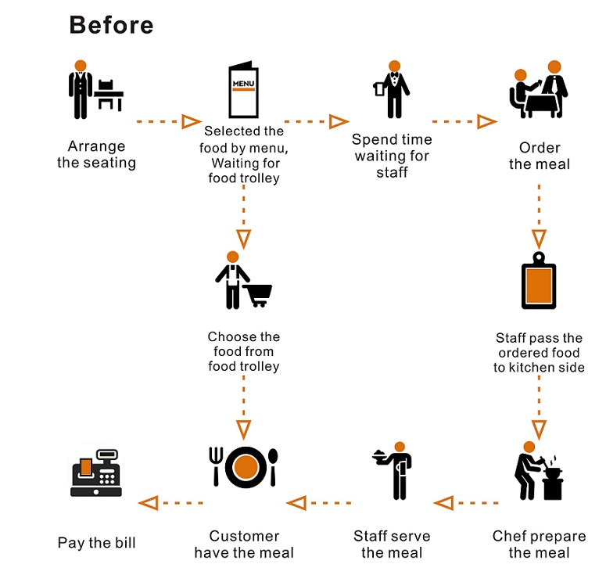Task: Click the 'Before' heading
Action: click(111, 24)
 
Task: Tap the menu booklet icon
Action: click(242, 89)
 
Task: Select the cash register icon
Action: click(97, 473)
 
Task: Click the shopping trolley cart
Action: click(258, 293)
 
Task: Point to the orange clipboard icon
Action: click(538, 282)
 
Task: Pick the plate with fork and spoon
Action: click(244, 466)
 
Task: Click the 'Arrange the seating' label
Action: click(96, 155)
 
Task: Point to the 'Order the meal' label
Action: click(540, 156)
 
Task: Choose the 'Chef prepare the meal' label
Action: click(539, 544)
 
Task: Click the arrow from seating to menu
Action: click(169, 121)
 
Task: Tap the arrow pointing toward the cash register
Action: click(171, 502)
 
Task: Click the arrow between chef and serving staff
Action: click(466, 502)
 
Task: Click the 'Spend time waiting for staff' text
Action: click(392, 156)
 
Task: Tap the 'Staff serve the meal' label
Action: click(392, 544)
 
